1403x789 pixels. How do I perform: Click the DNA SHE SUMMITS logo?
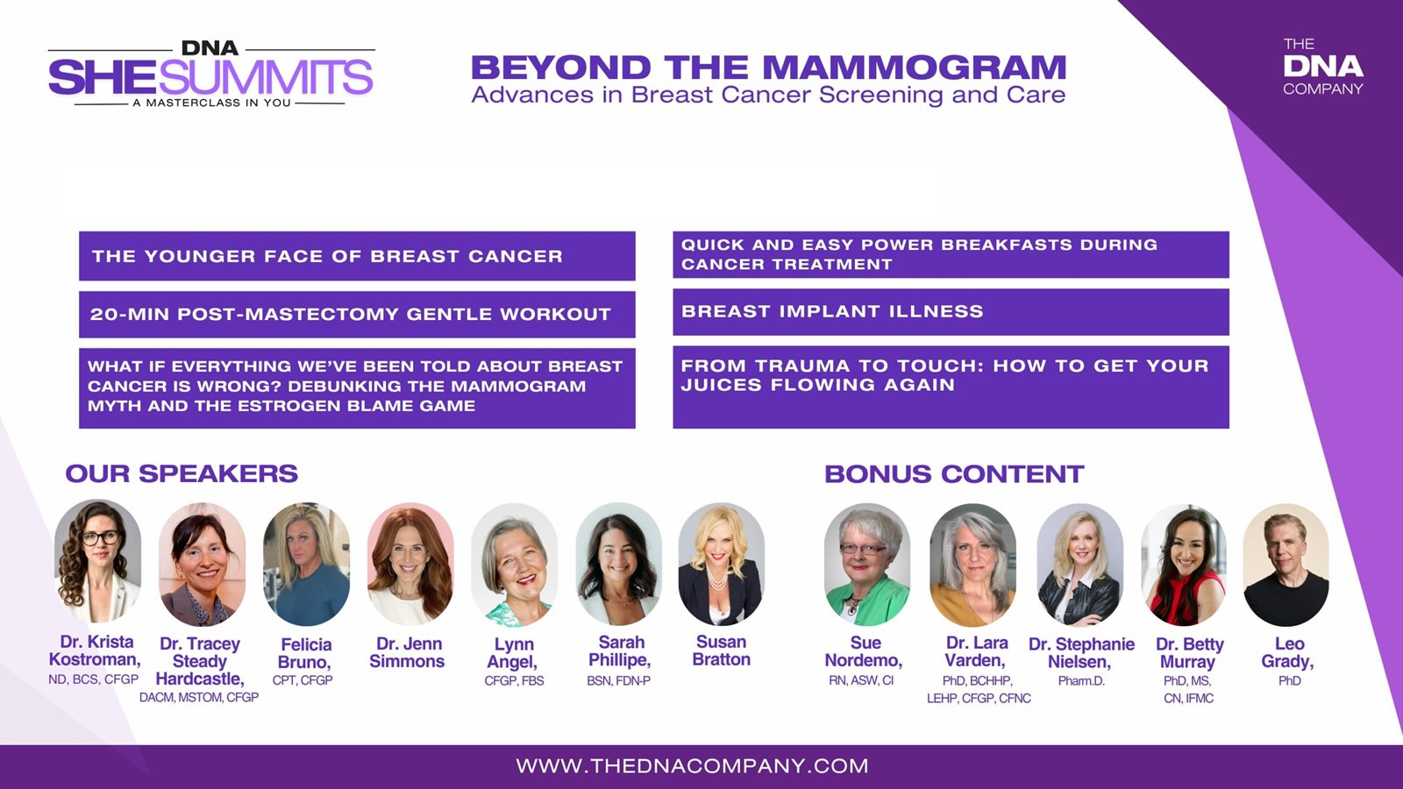pyautogui.click(x=211, y=75)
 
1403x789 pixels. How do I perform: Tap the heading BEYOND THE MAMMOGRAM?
pyautogui.click(x=768, y=68)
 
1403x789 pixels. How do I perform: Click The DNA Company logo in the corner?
pyautogui.click(x=1323, y=67)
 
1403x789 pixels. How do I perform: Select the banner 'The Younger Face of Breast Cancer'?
pyautogui.click(x=357, y=255)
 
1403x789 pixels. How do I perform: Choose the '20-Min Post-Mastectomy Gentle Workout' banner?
pyautogui.click(x=357, y=315)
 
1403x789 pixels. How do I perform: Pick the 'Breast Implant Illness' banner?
pyautogui.click(x=951, y=312)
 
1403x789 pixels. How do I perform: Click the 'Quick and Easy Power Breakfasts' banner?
pyautogui.click(x=951, y=254)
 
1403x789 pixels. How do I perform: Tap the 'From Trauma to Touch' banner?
pyautogui.click(x=951, y=387)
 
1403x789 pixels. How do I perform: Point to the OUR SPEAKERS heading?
pyautogui.click(x=182, y=473)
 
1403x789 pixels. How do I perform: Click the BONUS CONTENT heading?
pyautogui.click(x=954, y=474)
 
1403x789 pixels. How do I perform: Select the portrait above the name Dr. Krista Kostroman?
pyautogui.click(x=97, y=562)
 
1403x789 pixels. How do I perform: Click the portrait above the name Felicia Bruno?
pyautogui.click(x=306, y=564)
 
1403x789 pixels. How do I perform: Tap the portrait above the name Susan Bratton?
pyautogui.click(x=721, y=564)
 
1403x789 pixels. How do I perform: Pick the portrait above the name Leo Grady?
pyautogui.click(x=1285, y=565)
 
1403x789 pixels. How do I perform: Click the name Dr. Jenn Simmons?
pyautogui.click(x=408, y=652)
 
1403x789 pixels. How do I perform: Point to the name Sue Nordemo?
pyautogui.click(x=864, y=652)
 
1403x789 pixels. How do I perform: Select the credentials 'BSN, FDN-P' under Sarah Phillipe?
pyautogui.click(x=619, y=680)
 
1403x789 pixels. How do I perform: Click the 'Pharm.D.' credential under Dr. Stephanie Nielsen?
pyautogui.click(x=1082, y=681)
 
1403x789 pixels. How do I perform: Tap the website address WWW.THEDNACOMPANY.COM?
pyautogui.click(x=692, y=766)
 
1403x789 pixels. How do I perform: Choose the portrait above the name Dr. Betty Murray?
pyautogui.click(x=1183, y=565)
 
